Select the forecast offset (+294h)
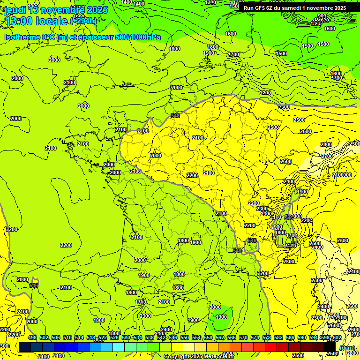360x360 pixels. [x=83, y=21]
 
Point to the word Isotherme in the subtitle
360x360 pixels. [x=22, y=37]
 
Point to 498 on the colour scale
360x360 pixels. [x=32, y=338]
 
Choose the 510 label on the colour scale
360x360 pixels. [x=67, y=338]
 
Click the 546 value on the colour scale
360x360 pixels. [x=173, y=338]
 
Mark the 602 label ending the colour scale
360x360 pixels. [x=337, y=338]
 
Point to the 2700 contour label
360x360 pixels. [x=327, y=156]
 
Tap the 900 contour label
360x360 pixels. [x=322, y=16]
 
